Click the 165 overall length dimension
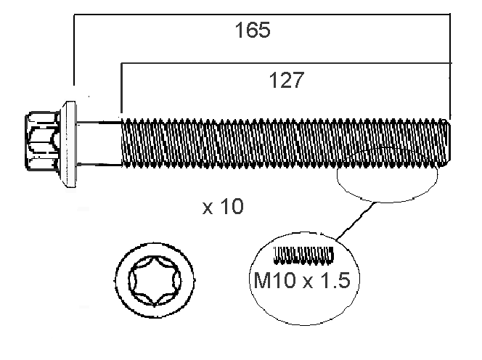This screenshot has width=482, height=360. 253,30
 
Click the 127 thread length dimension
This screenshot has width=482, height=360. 287,80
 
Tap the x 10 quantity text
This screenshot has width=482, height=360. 223,206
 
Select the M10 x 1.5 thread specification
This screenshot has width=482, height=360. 302,280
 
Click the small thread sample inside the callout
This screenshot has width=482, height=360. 303,255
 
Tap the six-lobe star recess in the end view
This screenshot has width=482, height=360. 155,280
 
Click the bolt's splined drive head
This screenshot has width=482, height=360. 43,141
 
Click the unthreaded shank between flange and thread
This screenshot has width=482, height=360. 99,144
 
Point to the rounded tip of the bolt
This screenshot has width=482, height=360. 447,142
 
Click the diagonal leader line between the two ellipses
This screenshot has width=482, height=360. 356,221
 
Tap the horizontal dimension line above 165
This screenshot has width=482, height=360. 262,14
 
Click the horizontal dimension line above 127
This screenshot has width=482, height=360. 287,63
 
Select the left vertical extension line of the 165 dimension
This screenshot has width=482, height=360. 74,49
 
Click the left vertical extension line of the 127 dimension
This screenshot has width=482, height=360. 121,89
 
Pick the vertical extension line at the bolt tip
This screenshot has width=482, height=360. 450,66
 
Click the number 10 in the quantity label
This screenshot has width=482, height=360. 232,206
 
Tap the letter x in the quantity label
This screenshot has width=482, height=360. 208,208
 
